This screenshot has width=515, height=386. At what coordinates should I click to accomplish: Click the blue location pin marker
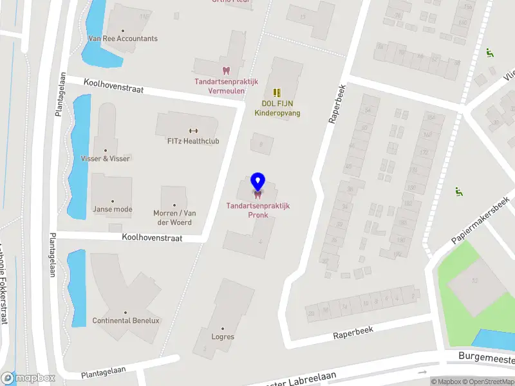click(x=257, y=182)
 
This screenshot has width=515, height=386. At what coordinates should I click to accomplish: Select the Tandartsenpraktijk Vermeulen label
click(x=226, y=86)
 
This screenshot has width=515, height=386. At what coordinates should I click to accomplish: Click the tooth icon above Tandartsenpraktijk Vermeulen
click(x=226, y=70)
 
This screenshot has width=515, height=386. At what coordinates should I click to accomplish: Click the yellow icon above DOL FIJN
click(x=277, y=93)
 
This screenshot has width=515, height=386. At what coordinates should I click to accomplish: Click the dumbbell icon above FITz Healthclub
click(x=192, y=131)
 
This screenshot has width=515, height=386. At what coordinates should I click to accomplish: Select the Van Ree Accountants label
click(x=122, y=39)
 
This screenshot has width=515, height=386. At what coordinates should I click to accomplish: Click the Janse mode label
click(x=112, y=209)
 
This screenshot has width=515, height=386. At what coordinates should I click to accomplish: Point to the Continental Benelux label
click(x=126, y=320)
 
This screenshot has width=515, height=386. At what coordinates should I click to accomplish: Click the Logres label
click(x=223, y=336)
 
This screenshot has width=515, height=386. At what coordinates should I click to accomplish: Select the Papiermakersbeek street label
click(x=480, y=220)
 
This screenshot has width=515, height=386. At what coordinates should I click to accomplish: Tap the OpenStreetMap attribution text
click(x=487, y=381)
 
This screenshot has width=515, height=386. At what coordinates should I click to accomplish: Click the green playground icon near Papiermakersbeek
click(x=459, y=191)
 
